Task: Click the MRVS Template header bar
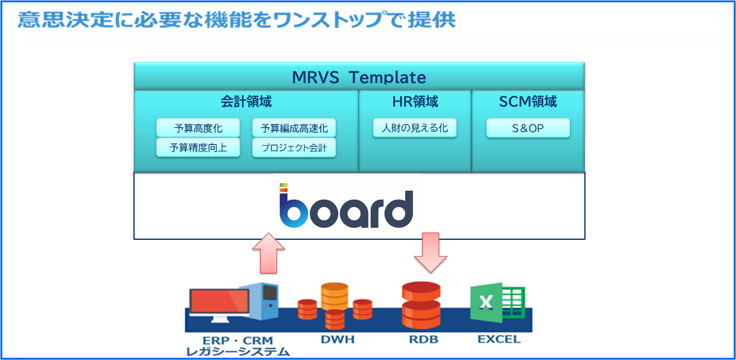[359, 77]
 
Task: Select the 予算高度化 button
[198, 128]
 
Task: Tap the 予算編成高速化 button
[294, 128]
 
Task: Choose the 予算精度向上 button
[198, 148]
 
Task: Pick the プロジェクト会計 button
[294, 148]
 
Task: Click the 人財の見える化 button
[415, 128]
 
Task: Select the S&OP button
[528, 128]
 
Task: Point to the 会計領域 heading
[246, 102]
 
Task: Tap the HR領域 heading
[415, 102]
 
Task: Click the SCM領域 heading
[528, 102]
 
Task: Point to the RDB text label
[424, 339]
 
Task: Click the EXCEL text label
[499, 339]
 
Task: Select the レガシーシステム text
[238, 351]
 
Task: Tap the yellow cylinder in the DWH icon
[335, 295]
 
